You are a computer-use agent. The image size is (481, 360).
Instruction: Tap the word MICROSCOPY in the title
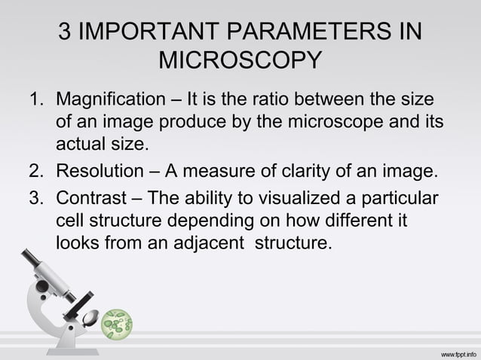tap(240, 60)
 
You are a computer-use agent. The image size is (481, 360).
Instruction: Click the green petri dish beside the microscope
tap(117, 323)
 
